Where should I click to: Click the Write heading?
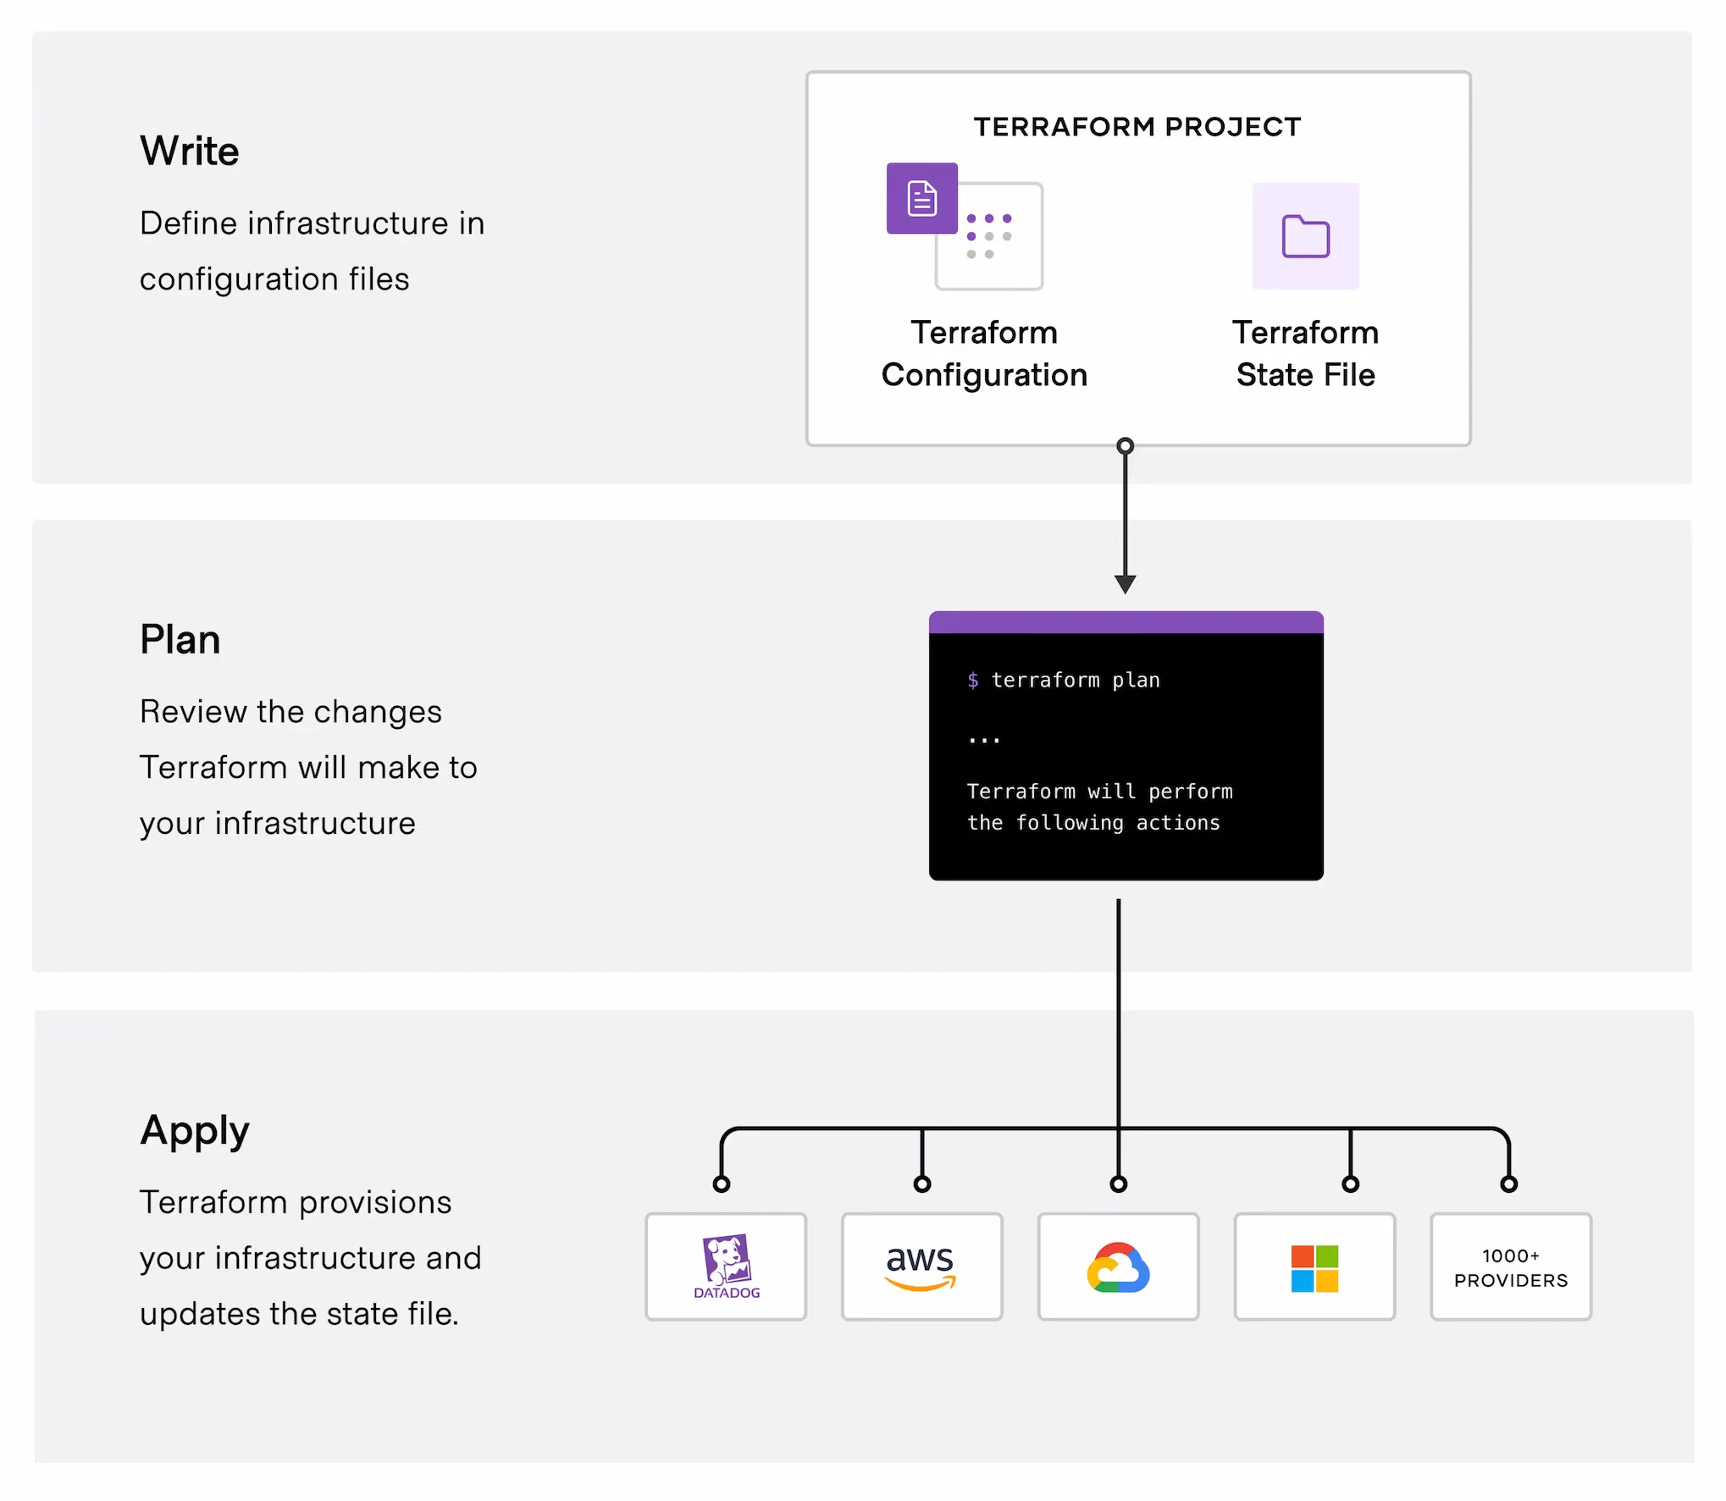click(189, 151)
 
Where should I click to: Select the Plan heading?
click(180, 639)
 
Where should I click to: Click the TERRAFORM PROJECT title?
click(1137, 126)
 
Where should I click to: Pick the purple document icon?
click(921, 198)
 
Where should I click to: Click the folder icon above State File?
click(1305, 236)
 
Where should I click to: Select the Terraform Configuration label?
click(983, 353)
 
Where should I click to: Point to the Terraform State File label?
click(1305, 353)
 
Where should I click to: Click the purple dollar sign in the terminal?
click(973, 680)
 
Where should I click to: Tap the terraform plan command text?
click(1075, 680)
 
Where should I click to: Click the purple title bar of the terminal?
click(1126, 622)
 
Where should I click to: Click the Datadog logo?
click(726, 1266)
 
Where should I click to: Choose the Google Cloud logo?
click(1118, 1267)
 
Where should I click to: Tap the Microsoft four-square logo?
click(1314, 1267)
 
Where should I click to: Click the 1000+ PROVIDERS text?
click(1511, 1267)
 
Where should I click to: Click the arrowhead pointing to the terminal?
click(1125, 583)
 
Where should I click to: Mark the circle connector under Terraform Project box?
click(1125, 446)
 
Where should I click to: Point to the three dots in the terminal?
click(984, 740)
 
